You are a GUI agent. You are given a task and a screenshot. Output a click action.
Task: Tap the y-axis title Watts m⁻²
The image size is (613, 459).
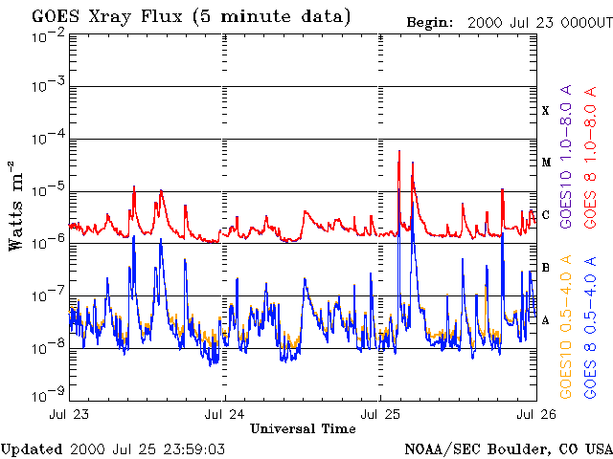tap(16, 206)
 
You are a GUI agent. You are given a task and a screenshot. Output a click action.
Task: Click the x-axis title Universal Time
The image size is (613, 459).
tap(302, 428)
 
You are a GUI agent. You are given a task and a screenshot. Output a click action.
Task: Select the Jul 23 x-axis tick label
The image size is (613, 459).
tap(69, 414)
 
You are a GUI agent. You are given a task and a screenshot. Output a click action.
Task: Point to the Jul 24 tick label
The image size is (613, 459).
tap(225, 414)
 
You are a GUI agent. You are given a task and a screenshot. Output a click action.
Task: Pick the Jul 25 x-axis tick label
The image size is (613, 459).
tap(380, 414)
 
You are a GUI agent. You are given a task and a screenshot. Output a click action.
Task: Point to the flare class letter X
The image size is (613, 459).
tap(545, 111)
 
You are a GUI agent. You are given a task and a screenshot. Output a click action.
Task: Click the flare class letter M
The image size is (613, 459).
tap(544, 163)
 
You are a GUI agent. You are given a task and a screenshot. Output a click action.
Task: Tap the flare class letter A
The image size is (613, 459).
tap(545, 320)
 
